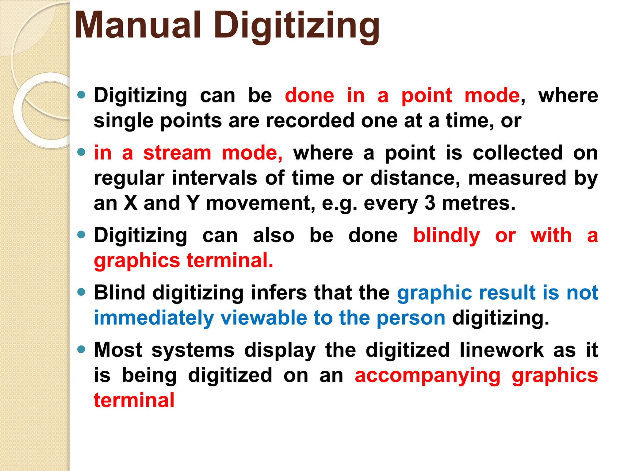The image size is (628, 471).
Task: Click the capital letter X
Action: coord(131,203)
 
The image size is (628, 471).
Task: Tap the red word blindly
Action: coord(446,236)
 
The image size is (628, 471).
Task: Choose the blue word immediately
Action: coord(154,318)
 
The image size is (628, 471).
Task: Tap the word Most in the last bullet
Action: coord(118,350)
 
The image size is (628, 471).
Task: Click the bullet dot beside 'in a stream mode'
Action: coord(81,152)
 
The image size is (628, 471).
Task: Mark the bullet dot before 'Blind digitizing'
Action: coord(81,292)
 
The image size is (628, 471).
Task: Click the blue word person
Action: coord(411,318)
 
